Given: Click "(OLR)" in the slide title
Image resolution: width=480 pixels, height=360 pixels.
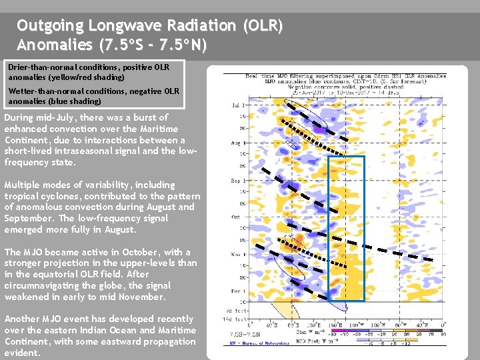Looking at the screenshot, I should click(x=263, y=26).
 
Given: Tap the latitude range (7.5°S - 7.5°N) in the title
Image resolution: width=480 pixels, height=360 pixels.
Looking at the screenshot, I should click(x=153, y=45).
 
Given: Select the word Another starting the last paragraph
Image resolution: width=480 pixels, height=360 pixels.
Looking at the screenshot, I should click(x=23, y=319).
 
